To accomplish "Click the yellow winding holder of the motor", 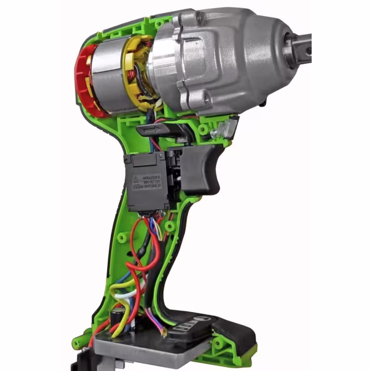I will pyautogui.click(x=134, y=70).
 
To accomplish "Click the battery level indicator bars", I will pyautogui.click(x=184, y=326).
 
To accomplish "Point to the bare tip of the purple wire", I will pyautogui.click(x=163, y=332).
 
